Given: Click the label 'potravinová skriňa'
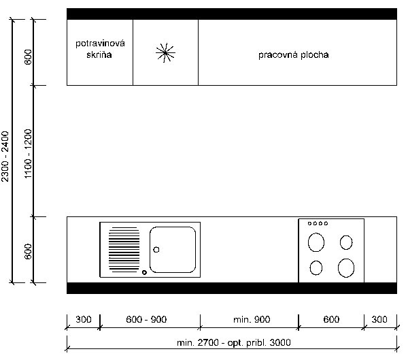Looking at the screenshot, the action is point(100,49).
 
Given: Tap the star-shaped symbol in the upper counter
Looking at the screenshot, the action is point(165,53).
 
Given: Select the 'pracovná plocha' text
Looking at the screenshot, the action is point(294,54).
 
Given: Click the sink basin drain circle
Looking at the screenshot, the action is point(156,250).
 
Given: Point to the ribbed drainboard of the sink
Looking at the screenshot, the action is point(124,250).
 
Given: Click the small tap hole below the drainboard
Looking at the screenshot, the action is point(144,272).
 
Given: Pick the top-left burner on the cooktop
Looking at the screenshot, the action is point(316,242).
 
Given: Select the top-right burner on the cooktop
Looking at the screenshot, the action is point(346,242).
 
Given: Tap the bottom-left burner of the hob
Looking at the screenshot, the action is point(316,267).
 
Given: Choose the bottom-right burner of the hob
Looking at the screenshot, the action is point(346,267).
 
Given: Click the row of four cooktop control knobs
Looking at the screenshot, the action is point(318,223).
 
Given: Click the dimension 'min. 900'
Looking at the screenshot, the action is point(252,319).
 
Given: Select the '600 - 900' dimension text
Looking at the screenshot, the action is point(146,319).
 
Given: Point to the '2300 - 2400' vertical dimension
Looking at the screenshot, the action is point(5,156).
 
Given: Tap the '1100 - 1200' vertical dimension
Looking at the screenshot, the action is point(28,154).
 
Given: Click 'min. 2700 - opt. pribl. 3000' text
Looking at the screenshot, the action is point(234,342).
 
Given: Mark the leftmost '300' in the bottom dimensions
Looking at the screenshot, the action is point(83,319).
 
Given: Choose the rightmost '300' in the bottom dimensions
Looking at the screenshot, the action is point(379,319).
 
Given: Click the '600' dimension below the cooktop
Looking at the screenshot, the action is point(331,319).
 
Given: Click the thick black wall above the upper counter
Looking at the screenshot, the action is point(232,14).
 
